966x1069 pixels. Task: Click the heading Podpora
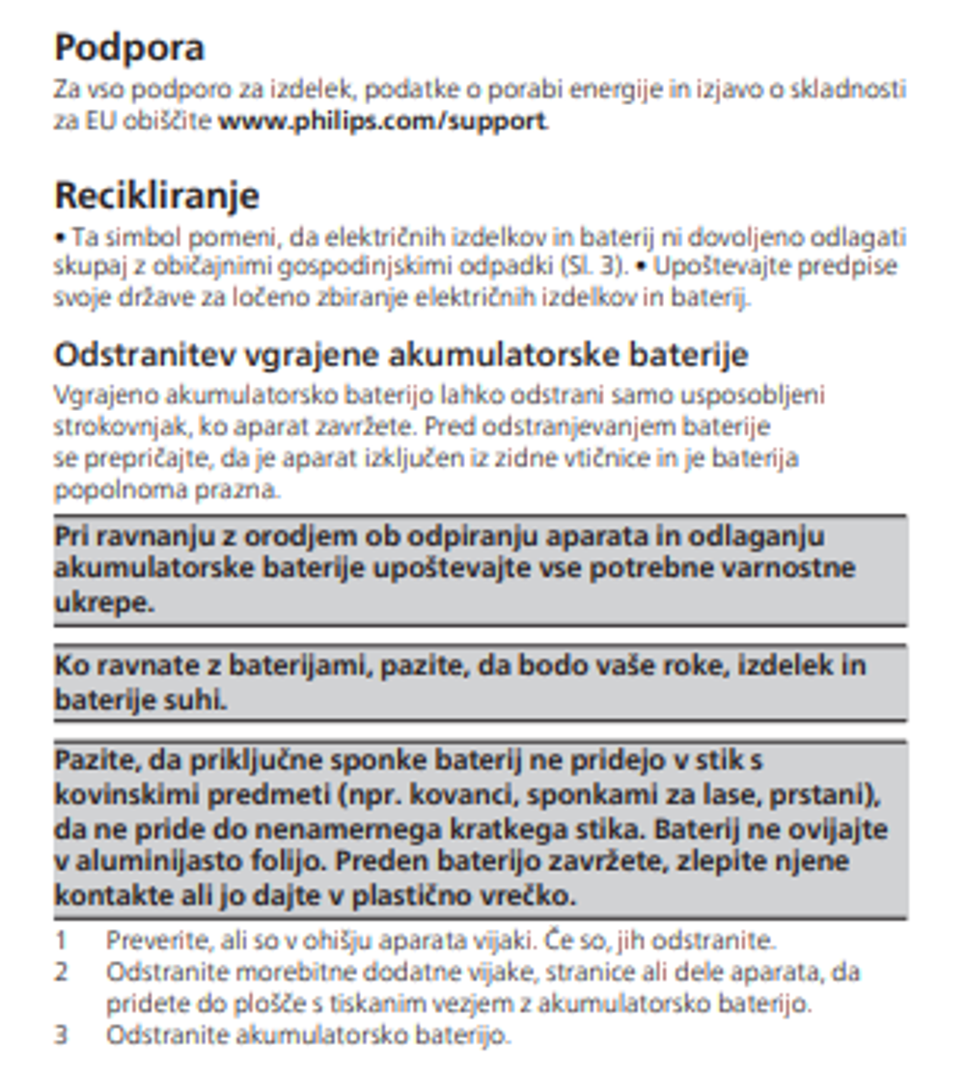pos(129,48)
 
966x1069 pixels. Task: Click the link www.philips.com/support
pos(382,123)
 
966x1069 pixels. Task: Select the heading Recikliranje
pos(156,196)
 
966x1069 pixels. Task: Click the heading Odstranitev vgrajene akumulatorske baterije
pos(400,355)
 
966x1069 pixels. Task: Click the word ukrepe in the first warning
pos(102,603)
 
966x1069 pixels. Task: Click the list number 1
pos(61,940)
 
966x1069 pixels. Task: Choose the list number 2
pos(61,972)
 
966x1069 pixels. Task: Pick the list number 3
pos(61,1036)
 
